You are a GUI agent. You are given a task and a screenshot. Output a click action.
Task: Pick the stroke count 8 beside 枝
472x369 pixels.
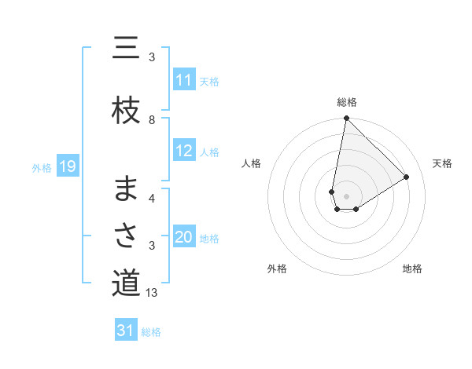152,120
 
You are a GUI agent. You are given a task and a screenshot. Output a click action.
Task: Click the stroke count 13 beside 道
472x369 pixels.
153,293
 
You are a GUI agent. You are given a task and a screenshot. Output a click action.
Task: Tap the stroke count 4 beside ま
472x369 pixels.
152,198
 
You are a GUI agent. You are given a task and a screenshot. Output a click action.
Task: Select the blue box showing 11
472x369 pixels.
183,80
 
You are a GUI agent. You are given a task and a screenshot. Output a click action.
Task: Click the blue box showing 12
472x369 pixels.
183,151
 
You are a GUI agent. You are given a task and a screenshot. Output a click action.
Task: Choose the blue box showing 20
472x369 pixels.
183,237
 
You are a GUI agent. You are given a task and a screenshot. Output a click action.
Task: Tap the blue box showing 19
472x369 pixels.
67,166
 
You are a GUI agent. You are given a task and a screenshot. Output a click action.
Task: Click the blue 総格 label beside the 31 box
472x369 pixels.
151,332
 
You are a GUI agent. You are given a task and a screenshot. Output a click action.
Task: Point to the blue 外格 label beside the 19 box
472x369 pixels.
42,167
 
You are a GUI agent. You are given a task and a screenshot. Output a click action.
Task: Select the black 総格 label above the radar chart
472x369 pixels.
346,102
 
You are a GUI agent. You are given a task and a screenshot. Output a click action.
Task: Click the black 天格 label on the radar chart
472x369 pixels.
442,163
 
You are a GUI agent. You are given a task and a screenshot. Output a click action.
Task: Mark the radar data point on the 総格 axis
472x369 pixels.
346,119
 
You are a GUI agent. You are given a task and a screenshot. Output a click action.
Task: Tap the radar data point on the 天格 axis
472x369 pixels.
407,177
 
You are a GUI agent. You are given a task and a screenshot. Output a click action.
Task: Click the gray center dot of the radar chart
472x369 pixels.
346,195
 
